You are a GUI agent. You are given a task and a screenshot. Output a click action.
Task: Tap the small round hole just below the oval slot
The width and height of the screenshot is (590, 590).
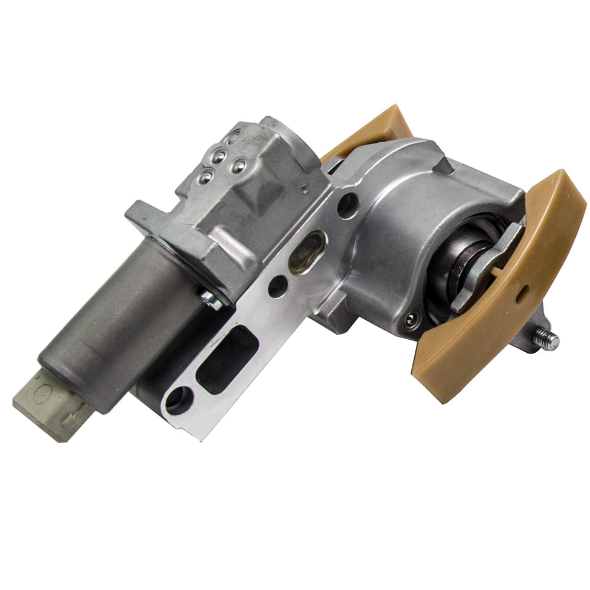[277, 287]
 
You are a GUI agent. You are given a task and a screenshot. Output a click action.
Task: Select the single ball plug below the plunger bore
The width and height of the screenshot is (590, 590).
[408, 319]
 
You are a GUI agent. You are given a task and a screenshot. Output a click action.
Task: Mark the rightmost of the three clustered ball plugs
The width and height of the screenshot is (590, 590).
[238, 166]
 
